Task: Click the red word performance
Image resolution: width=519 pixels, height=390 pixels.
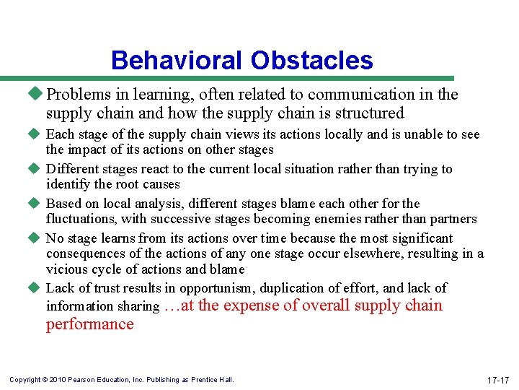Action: [90, 324]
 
